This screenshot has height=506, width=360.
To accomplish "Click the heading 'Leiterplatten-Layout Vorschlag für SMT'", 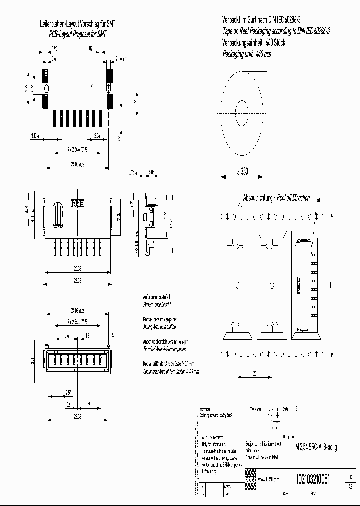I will click(78, 24).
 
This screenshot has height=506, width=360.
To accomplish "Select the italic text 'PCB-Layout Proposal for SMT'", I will click(78, 33).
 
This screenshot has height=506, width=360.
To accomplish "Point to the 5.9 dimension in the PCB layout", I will click(135, 104).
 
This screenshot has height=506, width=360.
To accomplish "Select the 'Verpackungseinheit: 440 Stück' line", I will click(253, 43).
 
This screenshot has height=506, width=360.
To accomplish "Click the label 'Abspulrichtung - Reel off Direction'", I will click(276, 198).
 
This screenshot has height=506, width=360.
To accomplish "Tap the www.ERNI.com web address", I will click(269, 479).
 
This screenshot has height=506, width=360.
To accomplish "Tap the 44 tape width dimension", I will click(329, 285).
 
